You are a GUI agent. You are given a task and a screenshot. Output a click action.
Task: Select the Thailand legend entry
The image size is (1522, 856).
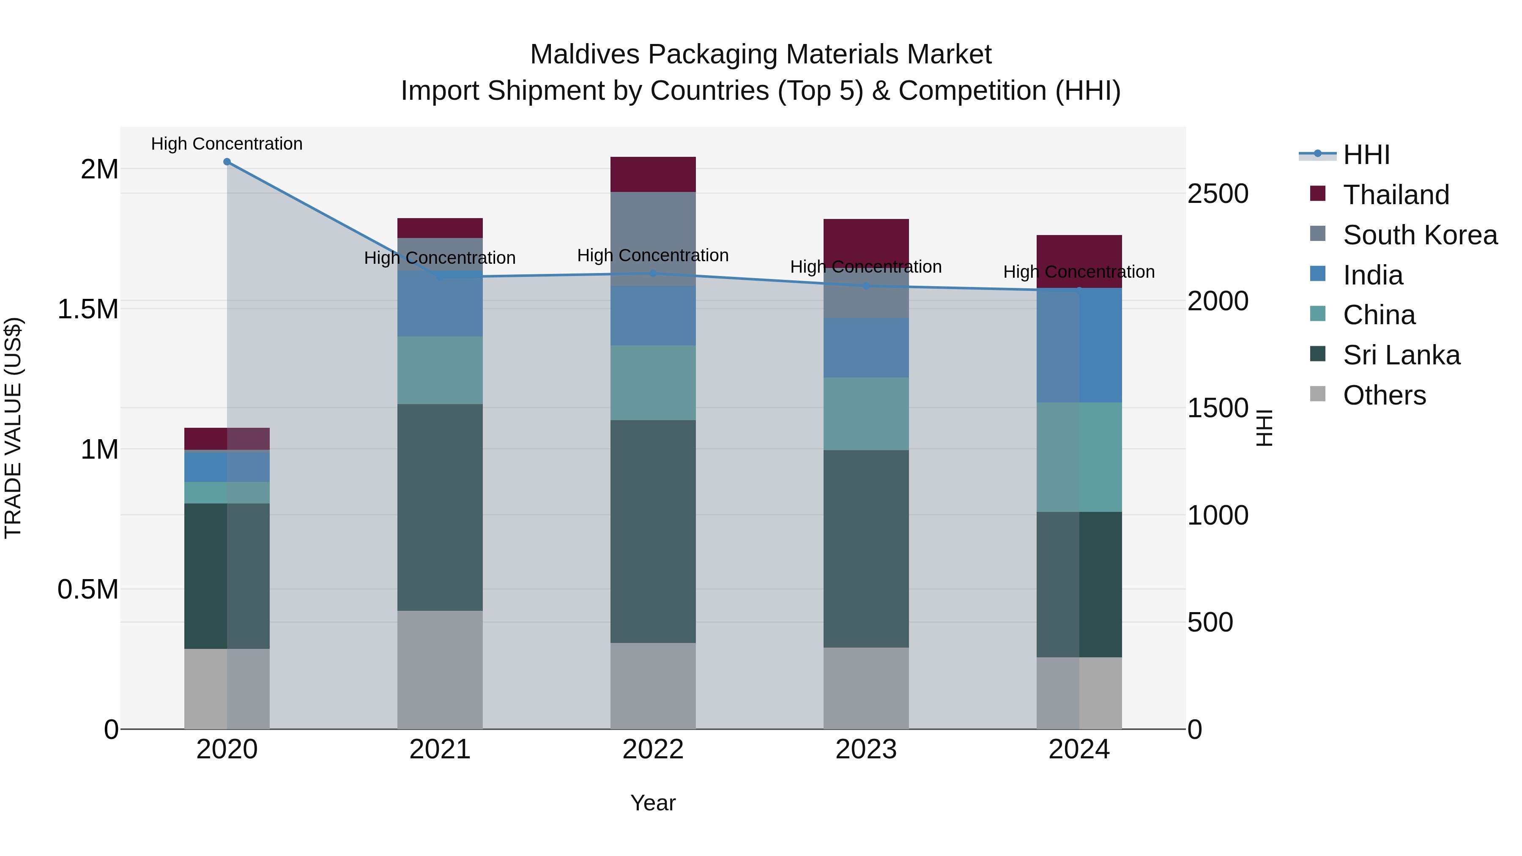pyautogui.click(x=1396, y=195)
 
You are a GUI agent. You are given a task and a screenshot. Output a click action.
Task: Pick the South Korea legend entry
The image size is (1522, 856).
pyautogui.click(x=1419, y=235)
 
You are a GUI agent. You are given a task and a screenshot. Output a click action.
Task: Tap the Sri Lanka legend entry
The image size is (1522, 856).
pyautogui.click(x=1401, y=355)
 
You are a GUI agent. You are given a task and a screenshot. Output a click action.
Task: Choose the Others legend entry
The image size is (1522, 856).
pyautogui.click(x=1384, y=395)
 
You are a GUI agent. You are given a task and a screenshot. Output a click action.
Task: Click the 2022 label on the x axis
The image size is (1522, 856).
pyautogui.click(x=653, y=749)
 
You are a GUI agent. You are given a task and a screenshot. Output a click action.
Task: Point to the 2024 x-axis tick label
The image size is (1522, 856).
pyautogui.click(x=1079, y=749)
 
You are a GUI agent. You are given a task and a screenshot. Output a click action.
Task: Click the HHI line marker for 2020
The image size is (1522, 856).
pyautogui.click(x=227, y=162)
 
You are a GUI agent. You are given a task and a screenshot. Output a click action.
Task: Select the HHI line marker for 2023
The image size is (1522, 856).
pyautogui.click(x=866, y=286)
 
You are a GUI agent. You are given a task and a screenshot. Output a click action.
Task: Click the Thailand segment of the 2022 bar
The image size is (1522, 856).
pyautogui.click(x=653, y=174)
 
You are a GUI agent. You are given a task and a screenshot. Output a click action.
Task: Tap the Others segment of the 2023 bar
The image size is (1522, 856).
pyautogui.click(x=866, y=688)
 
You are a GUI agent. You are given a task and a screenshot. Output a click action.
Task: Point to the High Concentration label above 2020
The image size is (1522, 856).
pyautogui.click(x=227, y=144)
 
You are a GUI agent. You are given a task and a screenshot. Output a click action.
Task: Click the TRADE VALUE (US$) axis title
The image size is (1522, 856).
pyautogui.click(x=13, y=428)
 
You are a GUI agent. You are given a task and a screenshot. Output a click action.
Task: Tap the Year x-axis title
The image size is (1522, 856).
pyautogui.click(x=653, y=803)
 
